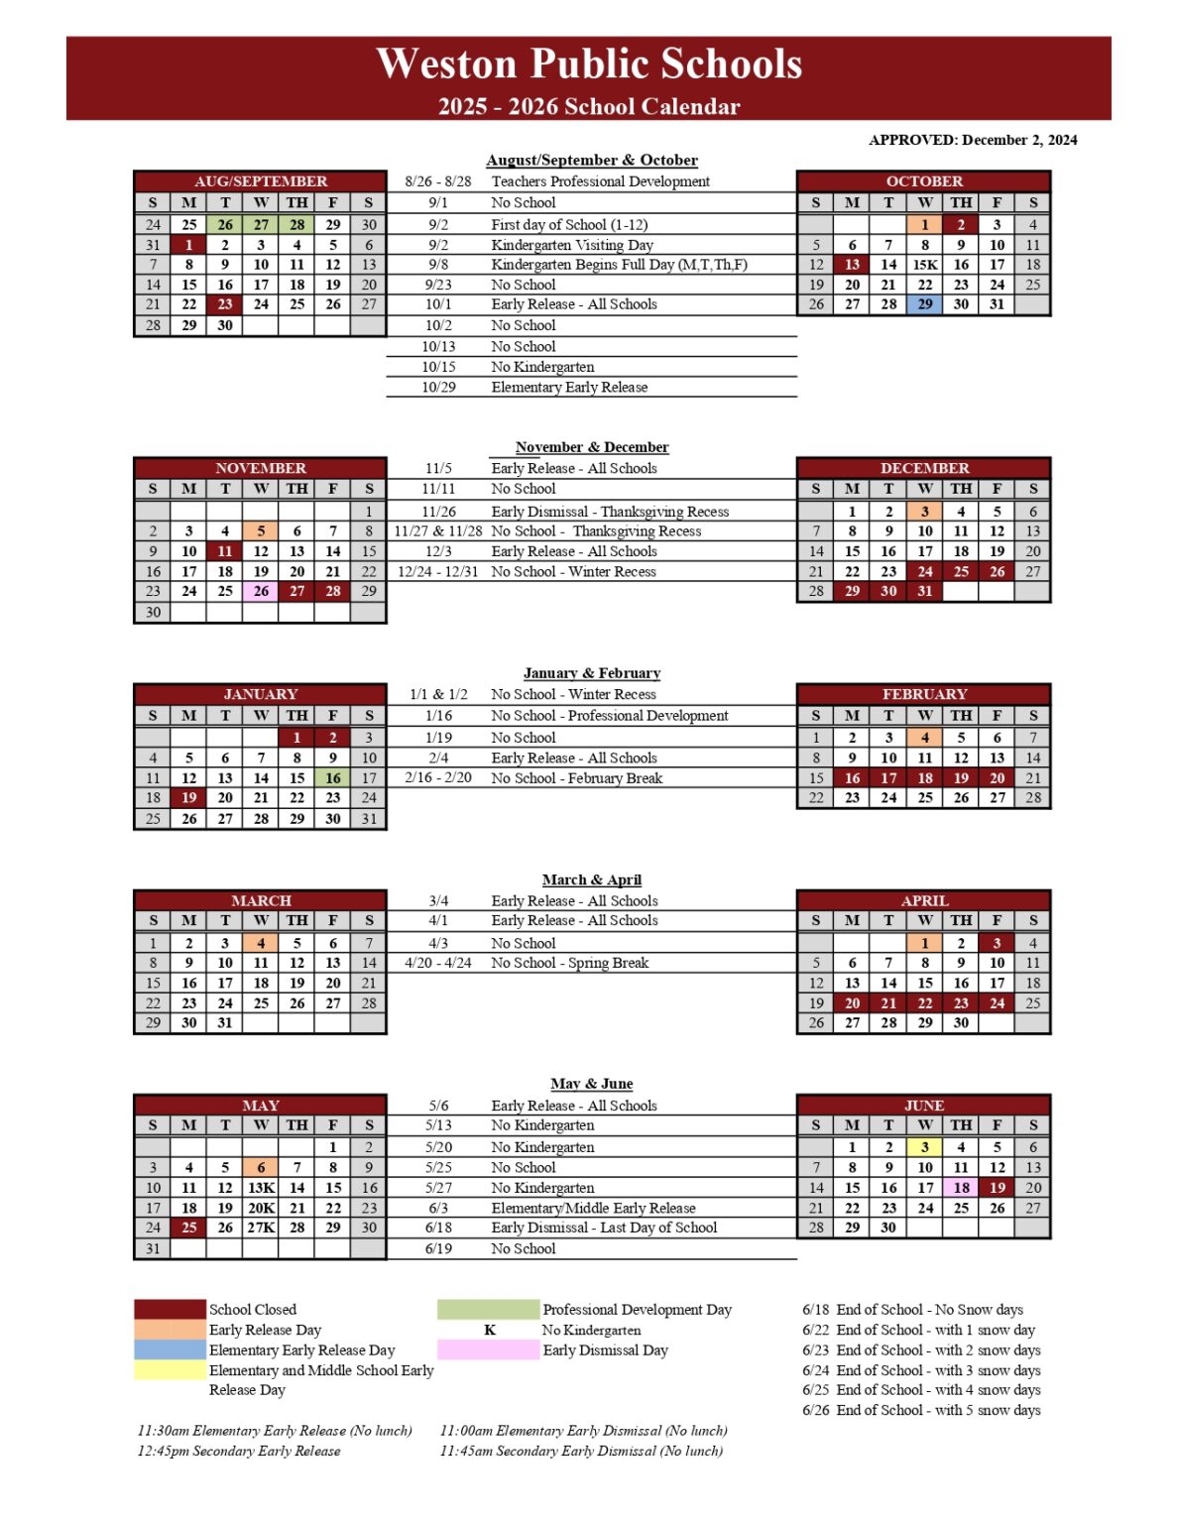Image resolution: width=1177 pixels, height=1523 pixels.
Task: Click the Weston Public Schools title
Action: coord(589,63)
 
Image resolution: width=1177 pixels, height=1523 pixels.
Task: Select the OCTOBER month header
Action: coord(923,181)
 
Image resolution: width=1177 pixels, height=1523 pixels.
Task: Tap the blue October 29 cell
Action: coord(924,304)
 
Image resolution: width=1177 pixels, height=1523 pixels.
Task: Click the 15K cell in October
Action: coord(924,265)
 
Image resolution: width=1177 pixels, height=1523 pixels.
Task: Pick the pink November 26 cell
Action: coord(261,591)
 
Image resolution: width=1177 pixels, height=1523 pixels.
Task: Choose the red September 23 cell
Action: coord(225,304)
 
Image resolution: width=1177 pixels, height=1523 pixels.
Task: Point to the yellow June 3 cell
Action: coord(924,1147)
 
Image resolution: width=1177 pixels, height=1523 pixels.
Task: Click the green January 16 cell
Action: coord(333,778)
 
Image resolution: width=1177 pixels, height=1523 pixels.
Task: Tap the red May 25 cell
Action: coord(188,1228)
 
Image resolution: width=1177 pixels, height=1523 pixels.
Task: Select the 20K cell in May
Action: coord(261,1208)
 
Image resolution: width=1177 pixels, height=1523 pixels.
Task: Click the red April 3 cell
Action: coord(997,943)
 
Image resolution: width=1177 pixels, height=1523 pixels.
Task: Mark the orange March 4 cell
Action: coord(261,943)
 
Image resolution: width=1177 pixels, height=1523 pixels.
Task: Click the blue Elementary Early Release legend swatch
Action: coord(170,1350)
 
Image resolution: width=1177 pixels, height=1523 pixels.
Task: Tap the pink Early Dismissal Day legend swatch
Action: coord(489,1350)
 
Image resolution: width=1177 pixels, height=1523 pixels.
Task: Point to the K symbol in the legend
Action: coord(489,1330)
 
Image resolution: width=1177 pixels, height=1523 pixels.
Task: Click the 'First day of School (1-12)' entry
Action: coord(569,225)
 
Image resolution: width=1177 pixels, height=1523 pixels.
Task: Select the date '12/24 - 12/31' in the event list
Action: coord(437,572)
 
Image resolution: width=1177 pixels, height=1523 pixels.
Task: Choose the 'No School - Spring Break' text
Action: coord(569,963)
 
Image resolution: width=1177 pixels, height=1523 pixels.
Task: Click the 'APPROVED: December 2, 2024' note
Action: coord(972,140)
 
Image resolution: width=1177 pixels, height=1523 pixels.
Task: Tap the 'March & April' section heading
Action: coord(591,879)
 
